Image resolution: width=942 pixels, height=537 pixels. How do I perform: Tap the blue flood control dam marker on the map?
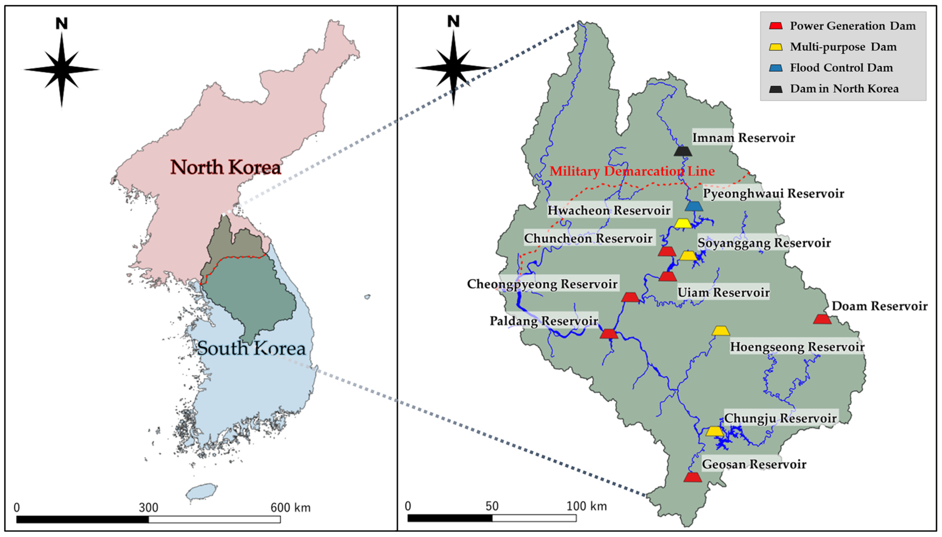[694, 206]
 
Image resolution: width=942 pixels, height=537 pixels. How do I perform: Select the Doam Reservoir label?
[879, 306]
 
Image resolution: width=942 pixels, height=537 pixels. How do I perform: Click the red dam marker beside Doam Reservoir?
[822, 319]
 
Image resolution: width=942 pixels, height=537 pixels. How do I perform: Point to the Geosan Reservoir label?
[754, 464]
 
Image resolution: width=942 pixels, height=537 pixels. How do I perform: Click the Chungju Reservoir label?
[780, 418]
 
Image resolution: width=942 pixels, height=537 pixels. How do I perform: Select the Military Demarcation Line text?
[632, 171]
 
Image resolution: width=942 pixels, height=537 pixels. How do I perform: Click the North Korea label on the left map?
[226, 167]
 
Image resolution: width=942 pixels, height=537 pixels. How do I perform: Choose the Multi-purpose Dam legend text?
[843, 47]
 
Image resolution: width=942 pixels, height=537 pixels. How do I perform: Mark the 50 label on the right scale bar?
[492, 506]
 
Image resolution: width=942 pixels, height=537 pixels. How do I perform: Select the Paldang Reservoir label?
[543, 321]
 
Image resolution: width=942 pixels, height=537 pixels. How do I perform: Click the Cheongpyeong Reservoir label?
[542, 284]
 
